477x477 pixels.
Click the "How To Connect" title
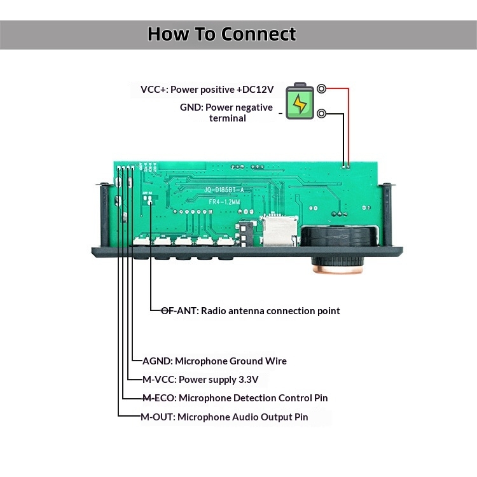tap(222, 34)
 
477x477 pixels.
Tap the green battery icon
tap(299, 102)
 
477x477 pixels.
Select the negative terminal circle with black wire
tap(322, 114)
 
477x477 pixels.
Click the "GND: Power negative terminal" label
tap(226, 113)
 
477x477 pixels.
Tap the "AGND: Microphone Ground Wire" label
tap(214, 361)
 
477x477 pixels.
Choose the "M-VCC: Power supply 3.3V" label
tap(200, 380)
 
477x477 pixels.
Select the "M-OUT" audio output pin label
tap(224, 417)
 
